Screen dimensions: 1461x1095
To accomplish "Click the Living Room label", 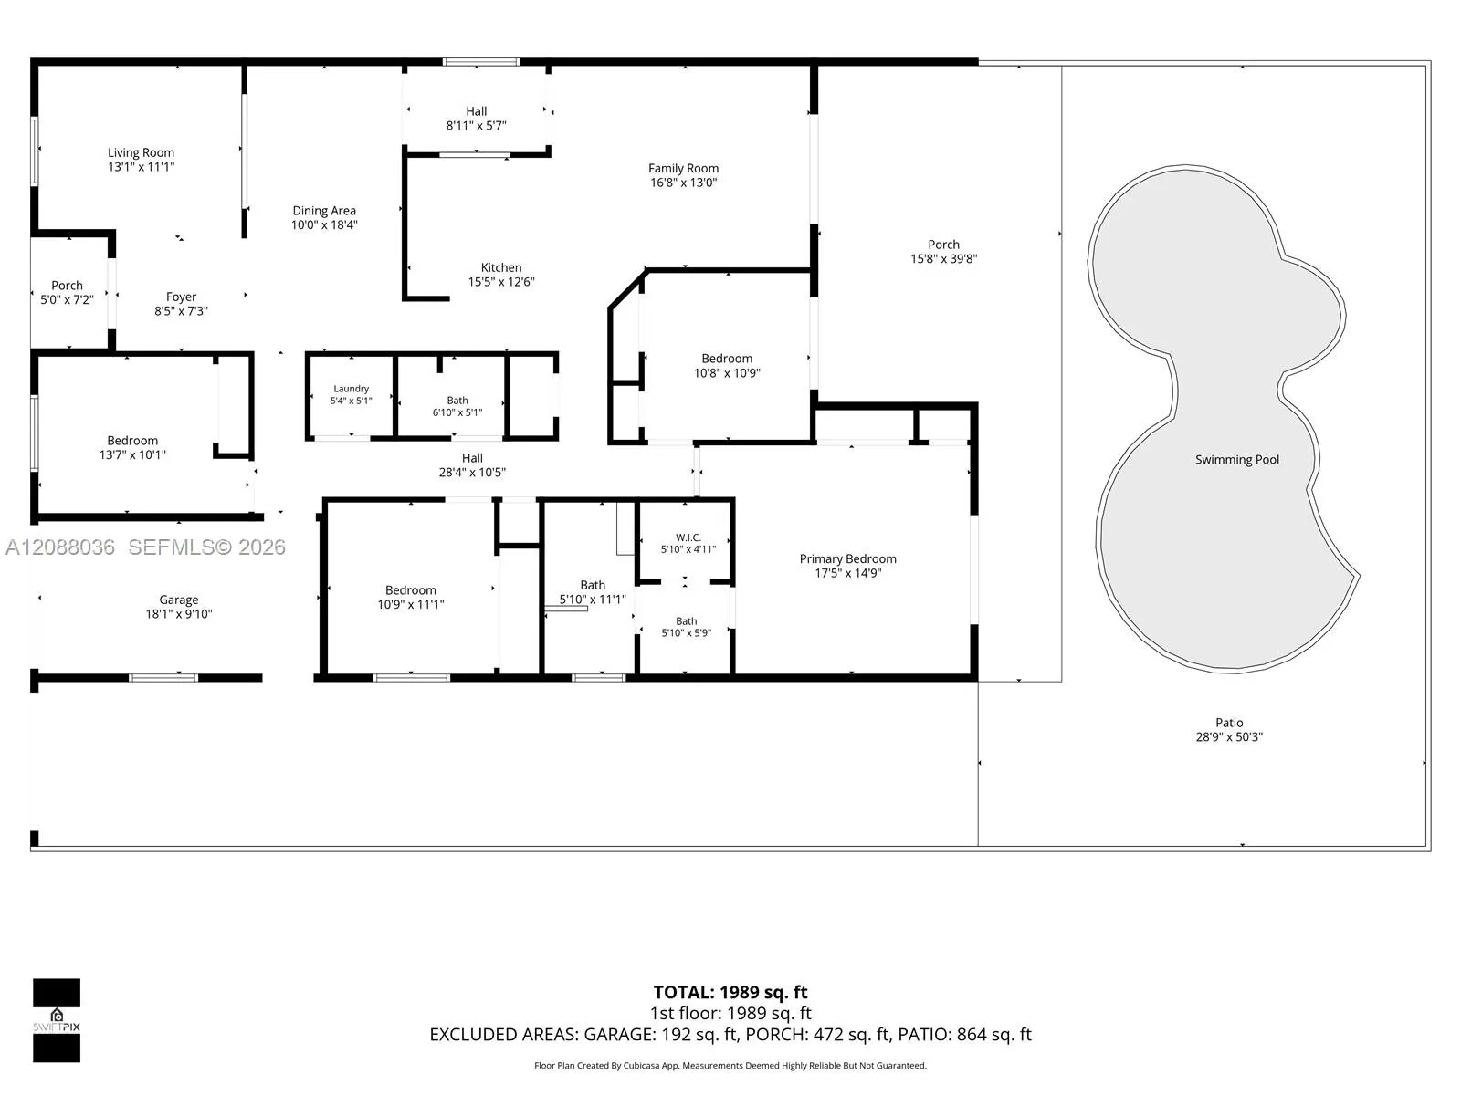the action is coord(142,153).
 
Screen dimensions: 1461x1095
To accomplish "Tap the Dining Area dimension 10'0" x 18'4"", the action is coord(324,225).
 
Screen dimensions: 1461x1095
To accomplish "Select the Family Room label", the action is coord(684,169).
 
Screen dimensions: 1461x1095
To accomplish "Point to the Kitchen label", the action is coord(501,268).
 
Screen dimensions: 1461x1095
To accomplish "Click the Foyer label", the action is coord(181,297).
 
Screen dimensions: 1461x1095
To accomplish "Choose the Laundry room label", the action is coord(351,389).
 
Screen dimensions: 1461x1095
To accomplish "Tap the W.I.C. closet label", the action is coord(688,537).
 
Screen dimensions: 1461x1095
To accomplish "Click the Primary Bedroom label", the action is coord(848,559).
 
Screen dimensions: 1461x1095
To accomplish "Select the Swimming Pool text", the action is coord(1237,460).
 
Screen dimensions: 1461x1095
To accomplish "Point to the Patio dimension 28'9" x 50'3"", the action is coord(1229,737).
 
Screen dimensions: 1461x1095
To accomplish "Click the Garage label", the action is coord(178,600).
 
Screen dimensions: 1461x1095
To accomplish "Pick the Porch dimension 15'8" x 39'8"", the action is coord(944,259).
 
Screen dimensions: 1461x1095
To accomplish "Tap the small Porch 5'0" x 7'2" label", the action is coord(68,293).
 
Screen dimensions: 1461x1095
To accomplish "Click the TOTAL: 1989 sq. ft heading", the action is coord(730,993).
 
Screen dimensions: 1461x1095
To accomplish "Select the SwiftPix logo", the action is coord(57,1020).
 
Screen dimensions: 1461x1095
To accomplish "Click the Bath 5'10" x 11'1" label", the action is coord(593,592).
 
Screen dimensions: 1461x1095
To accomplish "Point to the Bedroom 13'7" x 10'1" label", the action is coord(132,448).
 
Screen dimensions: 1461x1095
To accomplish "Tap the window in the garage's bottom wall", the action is coord(163,678).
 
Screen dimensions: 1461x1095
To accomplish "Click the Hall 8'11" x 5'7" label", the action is coord(477,119).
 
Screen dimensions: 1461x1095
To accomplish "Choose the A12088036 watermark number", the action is coord(60,547).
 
